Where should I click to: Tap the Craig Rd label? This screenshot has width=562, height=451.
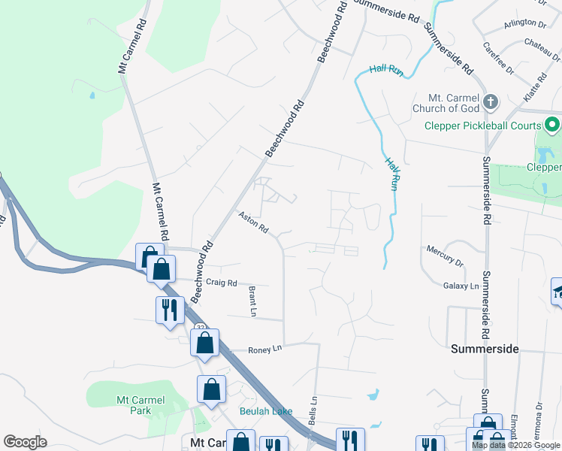[x=222, y=283]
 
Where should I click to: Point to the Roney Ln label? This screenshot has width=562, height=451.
[x=264, y=349]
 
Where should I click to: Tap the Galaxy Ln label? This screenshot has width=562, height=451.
[x=461, y=286]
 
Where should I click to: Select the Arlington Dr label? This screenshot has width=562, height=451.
[x=525, y=23]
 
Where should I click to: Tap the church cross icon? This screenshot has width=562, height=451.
[x=491, y=101]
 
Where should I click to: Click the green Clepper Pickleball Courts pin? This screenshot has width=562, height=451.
[x=553, y=125]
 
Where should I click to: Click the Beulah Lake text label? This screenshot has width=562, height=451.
[x=266, y=411]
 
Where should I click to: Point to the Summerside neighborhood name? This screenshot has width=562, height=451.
[x=485, y=349]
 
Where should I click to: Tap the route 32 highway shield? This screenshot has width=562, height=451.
[x=201, y=328]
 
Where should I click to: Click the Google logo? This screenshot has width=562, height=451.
[x=25, y=442]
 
